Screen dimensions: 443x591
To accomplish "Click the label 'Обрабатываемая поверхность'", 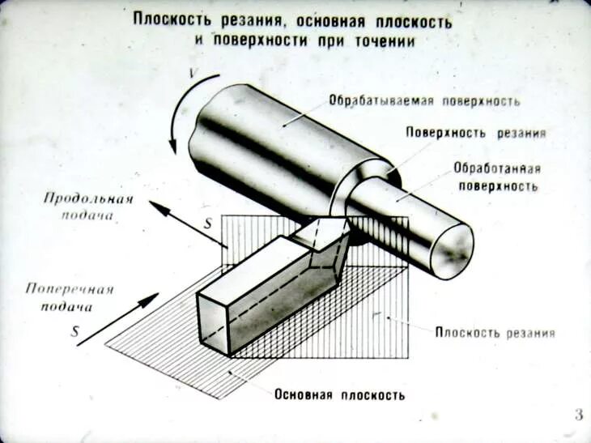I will tap(423, 102).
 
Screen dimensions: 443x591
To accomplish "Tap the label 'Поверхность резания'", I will tap(476, 133).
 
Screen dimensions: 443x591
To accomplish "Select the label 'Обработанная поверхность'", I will tap(496, 177).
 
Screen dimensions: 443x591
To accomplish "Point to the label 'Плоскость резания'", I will tap(495, 333).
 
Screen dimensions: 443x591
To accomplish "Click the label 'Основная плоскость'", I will tap(339, 395).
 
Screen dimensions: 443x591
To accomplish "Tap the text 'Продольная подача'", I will tap(87, 207).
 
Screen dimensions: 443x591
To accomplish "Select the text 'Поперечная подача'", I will tap(69, 297).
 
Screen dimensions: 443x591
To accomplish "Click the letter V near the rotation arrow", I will tap(193, 75).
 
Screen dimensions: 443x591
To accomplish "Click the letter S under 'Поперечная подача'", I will tap(75, 331).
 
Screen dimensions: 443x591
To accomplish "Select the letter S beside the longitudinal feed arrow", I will tap(208, 221).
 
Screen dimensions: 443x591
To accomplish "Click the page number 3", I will tap(578, 416).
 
